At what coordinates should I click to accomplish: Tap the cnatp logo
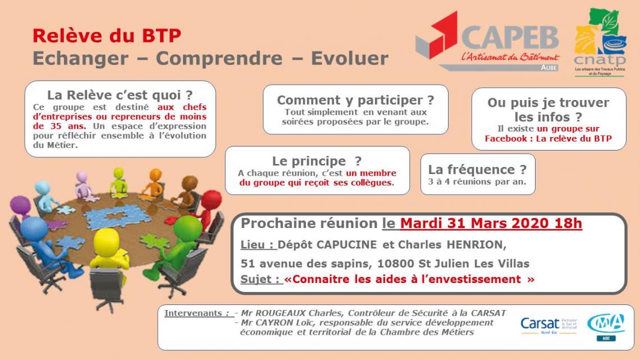tap(600, 42)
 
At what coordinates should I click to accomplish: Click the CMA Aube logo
tap(606, 326)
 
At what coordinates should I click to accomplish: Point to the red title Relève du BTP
tap(107, 35)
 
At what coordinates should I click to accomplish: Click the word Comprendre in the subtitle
tap(219, 58)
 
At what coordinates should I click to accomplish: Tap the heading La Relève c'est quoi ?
tap(120, 95)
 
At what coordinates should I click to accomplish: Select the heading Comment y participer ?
tap(355, 100)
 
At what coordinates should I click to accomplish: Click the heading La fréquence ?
tap(478, 169)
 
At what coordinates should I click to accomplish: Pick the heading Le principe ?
tap(317, 161)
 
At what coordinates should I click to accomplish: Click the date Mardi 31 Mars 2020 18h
tap(491, 224)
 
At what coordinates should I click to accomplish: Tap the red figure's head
tap(212, 200)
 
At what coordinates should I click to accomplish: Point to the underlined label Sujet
tap(260, 279)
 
